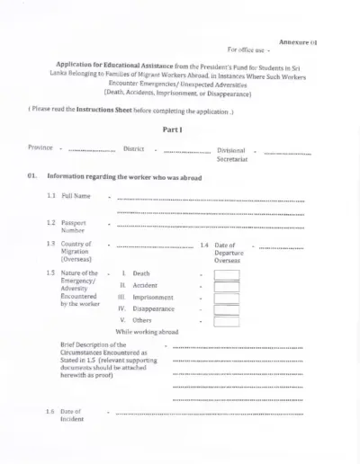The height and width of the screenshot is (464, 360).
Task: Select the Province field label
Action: pos(40,147)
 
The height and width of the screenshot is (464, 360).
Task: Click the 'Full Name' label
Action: pos(76,195)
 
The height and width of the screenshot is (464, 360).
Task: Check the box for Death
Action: pos(226,273)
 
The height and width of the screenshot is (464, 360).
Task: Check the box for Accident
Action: pos(226,285)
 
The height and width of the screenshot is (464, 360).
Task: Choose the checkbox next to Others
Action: pos(226,320)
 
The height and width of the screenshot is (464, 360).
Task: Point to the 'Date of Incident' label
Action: pos(71,415)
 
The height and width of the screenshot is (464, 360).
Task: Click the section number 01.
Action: pos(31,177)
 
